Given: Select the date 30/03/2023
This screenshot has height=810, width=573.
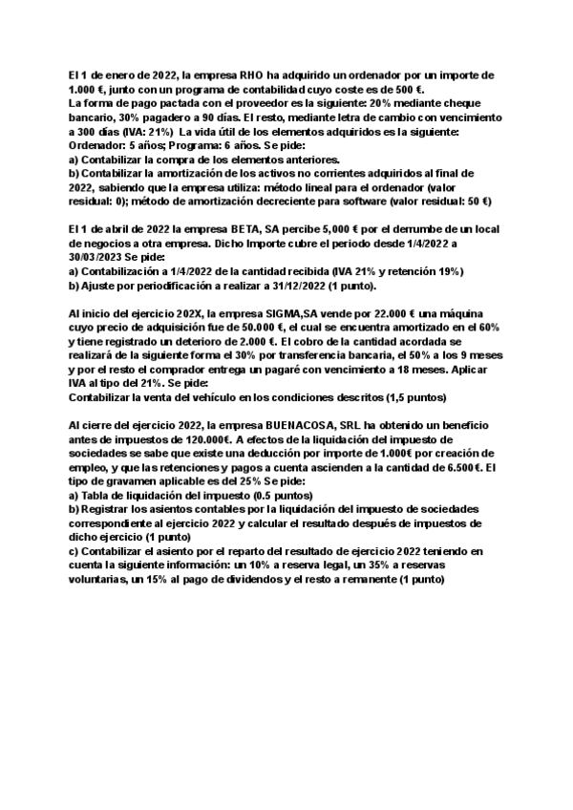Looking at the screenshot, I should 100,259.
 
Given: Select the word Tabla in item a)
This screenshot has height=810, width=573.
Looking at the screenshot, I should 97,498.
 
